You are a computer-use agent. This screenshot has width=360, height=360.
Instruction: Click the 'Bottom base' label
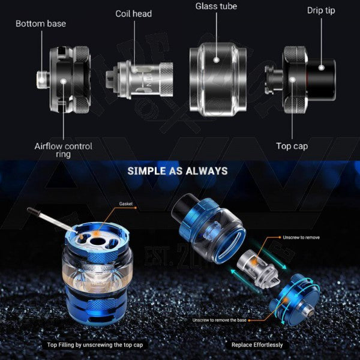coord(41,24)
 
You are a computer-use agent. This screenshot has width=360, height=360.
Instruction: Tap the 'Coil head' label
coord(134,14)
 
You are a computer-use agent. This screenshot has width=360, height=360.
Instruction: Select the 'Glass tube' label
coord(216,7)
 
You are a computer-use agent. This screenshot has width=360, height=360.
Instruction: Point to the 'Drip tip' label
coord(321,11)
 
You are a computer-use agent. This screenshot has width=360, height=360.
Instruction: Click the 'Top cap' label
coord(292,146)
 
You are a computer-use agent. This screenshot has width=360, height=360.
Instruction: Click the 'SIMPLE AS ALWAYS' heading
coord(178,171)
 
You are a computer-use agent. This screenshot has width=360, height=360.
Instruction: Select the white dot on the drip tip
coord(322,67)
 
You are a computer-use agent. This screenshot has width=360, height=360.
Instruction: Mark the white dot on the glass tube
coord(216,59)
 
